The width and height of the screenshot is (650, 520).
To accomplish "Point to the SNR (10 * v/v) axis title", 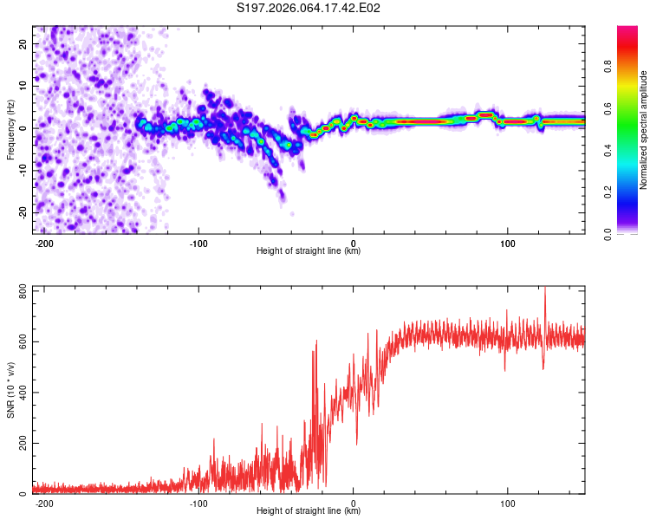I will tap(11, 389).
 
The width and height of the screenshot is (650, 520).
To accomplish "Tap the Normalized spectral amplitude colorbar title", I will tap(644, 130).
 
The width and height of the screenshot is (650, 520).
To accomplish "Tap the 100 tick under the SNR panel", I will tap(507, 504).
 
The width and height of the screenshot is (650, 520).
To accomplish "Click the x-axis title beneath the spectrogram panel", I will tap(309, 251).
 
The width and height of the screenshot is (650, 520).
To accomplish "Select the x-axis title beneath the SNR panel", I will tap(309, 511).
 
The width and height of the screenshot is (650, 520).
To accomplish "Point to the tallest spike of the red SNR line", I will tap(544, 289).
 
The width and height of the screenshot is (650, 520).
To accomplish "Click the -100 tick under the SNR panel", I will tap(198, 504).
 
